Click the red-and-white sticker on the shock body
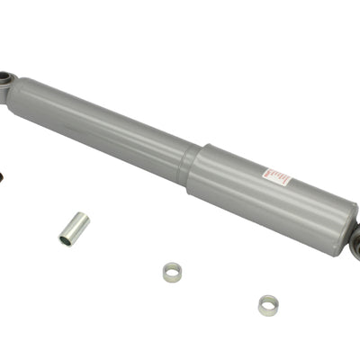276,176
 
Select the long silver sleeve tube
74,228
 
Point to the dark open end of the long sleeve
67,239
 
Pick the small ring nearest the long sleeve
173,271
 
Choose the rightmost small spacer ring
268,305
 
